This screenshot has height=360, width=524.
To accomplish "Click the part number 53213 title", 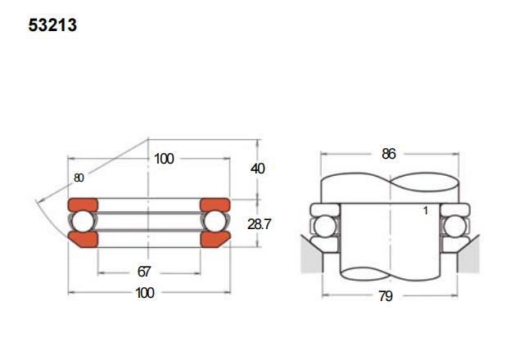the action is pyautogui.click(x=52, y=25).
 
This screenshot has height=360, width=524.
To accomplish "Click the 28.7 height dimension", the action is pyautogui.click(x=259, y=224).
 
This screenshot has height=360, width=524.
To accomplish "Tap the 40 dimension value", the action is pyautogui.click(x=257, y=169).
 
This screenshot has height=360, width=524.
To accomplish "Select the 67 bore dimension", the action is pyautogui.click(x=144, y=272).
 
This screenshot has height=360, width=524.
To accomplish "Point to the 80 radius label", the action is pyautogui.click(x=79, y=178).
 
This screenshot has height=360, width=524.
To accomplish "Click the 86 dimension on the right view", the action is pyautogui.click(x=389, y=154).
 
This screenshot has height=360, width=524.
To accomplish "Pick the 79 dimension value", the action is pyautogui.click(x=386, y=296).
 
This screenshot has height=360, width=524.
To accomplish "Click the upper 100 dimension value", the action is pyautogui.click(x=164, y=159).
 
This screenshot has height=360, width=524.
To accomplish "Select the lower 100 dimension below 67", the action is pyautogui.click(x=145, y=293).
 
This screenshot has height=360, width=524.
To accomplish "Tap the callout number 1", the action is pyautogui.click(x=426, y=211).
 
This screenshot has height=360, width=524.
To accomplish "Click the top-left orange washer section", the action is pyautogui.click(x=83, y=205).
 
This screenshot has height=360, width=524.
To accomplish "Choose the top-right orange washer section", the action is pyautogui.click(x=215, y=205).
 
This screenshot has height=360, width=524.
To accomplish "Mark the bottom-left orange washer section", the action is pyautogui.click(x=84, y=240).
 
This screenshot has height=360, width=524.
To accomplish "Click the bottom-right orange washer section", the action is pyautogui.click(x=215, y=240).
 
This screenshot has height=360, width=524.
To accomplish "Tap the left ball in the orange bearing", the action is pyautogui.click(x=83, y=222).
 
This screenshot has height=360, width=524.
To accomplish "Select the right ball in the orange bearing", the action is pyautogui.click(x=215, y=222).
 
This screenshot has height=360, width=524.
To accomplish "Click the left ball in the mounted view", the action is pyautogui.click(x=325, y=227).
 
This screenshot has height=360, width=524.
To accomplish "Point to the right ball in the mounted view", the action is pyautogui.click(x=455, y=227).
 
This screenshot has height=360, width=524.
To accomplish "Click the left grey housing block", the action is pyautogui.click(x=311, y=254).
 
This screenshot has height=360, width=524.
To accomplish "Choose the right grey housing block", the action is pyautogui.click(x=468, y=254).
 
